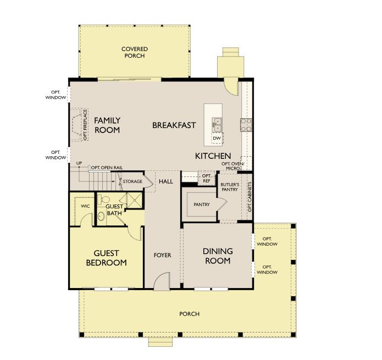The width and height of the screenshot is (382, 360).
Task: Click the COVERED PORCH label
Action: click(135, 52)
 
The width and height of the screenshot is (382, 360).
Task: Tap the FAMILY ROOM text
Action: click(107, 125)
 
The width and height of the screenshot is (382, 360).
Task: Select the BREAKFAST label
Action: click(174, 125)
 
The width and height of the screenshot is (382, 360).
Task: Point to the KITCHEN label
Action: click(213, 156)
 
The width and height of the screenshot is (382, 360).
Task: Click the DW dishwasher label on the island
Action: click(217, 138)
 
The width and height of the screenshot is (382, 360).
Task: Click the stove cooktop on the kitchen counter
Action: click(246, 125)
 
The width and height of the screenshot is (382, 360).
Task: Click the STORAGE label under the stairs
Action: click(132, 181)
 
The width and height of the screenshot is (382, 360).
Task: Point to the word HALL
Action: click(165, 181)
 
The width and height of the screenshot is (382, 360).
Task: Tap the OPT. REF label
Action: click(207, 178)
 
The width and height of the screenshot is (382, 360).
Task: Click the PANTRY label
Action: click(202, 204)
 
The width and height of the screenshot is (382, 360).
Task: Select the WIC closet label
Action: click(85, 206)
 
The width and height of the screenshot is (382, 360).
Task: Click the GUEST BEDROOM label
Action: click(107, 258)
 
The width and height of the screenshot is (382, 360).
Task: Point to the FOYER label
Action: click(163, 255)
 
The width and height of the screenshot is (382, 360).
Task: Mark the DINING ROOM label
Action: click(218, 256)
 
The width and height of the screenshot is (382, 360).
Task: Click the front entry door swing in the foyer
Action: click(162, 282)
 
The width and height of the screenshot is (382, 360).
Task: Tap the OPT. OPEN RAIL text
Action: click(107, 167)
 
